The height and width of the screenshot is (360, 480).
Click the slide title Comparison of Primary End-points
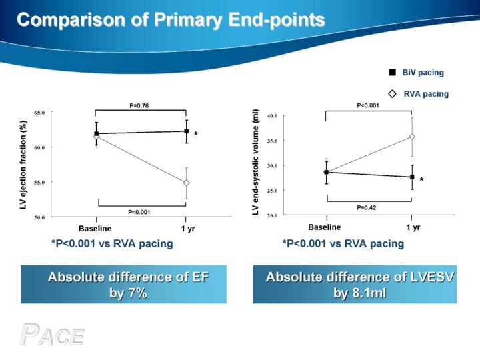point(171,20)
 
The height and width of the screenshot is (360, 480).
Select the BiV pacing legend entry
point(416,73)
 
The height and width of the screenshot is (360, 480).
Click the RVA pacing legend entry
point(418,94)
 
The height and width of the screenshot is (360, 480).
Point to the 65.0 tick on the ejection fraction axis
point(39,113)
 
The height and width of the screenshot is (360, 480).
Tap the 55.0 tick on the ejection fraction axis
point(39,183)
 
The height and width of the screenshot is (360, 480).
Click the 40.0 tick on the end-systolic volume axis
point(272,116)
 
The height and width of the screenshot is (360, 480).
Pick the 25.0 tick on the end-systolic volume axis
point(272,191)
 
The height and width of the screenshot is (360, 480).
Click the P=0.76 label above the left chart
point(139,105)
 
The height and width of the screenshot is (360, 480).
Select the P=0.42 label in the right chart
point(367,207)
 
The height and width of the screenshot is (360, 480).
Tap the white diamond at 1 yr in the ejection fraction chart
point(186,183)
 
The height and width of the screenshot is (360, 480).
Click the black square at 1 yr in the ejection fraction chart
point(187,131)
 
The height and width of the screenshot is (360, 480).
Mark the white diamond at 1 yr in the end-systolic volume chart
point(412,137)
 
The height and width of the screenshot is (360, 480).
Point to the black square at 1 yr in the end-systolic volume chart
point(413,177)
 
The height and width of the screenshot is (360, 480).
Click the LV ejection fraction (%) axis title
point(23,165)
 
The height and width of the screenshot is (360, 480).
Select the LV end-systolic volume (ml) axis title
point(255,162)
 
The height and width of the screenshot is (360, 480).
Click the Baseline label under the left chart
point(95,229)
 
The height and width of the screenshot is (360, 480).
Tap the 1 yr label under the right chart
point(413,227)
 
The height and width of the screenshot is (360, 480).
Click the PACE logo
point(52,335)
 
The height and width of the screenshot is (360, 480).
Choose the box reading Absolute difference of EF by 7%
point(124,285)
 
